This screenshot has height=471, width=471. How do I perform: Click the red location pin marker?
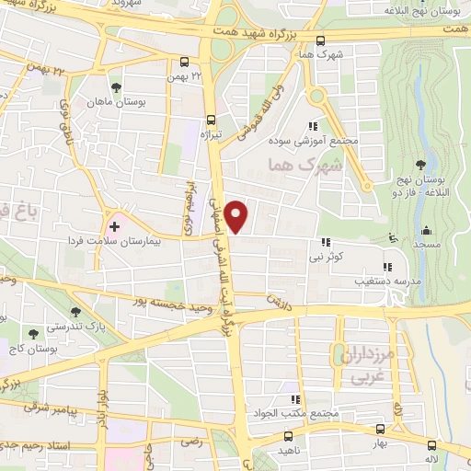(x=237, y=216)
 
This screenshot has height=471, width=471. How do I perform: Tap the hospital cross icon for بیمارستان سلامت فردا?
(x=114, y=225)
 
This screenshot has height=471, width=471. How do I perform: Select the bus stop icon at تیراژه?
(x=212, y=120)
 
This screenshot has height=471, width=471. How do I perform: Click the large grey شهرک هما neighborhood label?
(x=301, y=165)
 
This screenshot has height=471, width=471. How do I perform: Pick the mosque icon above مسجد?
(x=425, y=231)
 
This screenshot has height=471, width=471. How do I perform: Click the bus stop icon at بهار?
(x=380, y=429)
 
